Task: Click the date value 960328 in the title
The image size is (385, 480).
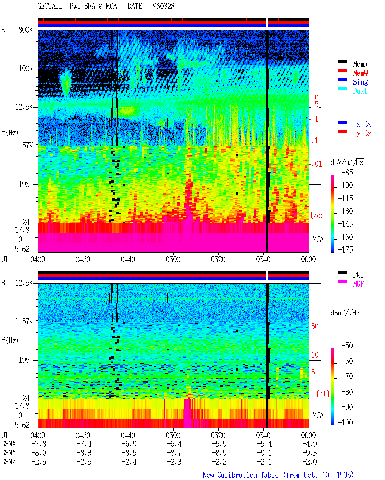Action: [x=163, y=6]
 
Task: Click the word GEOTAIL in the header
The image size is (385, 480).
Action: [x=50, y=6]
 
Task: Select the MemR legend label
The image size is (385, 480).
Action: [x=360, y=64]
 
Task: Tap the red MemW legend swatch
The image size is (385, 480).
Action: [x=343, y=71]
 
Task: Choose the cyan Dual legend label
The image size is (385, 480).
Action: [x=360, y=91]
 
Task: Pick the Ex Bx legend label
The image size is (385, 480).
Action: [x=362, y=124]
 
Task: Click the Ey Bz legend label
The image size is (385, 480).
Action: [x=362, y=133]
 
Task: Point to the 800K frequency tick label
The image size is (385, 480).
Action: [x=26, y=30]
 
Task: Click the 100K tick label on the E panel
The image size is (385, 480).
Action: [x=26, y=68]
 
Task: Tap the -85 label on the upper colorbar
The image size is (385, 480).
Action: [x=347, y=172]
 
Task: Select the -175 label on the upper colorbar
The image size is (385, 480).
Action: [x=345, y=249]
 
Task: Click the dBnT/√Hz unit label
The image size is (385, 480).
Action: [x=345, y=313]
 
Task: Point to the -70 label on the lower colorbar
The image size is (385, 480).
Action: [x=347, y=376]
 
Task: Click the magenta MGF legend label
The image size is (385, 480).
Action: [x=358, y=284]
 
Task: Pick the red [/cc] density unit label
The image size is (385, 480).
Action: [x=319, y=215]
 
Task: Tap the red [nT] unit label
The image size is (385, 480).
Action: [x=323, y=394]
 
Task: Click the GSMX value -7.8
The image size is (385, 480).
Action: [x=39, y=444]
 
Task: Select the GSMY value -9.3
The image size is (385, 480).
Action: [x=310, y=453]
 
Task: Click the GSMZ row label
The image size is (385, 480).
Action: [x=8, y=462]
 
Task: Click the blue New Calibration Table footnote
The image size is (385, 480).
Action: [x=278, y=475]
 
